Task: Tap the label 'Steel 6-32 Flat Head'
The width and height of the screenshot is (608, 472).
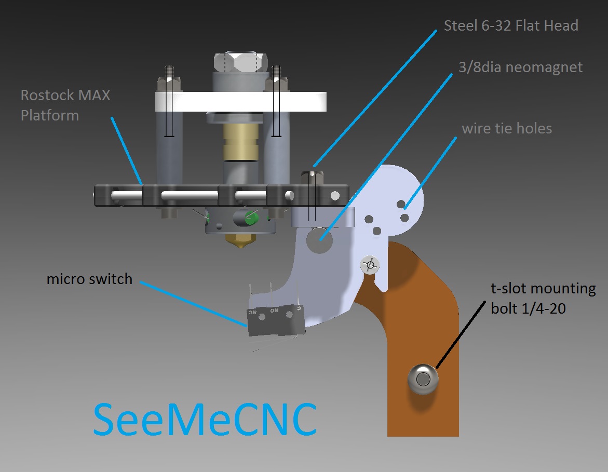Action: click(x=510, y=25)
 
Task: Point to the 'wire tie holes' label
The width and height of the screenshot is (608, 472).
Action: click(x=506, y=128)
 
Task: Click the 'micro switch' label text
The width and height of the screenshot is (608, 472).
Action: click(x=89, y=279)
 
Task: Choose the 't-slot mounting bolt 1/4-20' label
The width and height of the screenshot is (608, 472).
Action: click(x=543, y=298)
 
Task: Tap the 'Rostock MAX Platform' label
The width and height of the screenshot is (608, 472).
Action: click(x=65, y=105)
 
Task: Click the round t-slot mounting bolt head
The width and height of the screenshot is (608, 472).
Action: click(x=423, y=379)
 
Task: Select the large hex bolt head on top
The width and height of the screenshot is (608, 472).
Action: click(x=240, y=63)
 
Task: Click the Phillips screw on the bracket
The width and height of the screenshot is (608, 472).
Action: click(x=370, y=265)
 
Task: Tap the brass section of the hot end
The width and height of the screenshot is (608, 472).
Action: click(x=240, y=140)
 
